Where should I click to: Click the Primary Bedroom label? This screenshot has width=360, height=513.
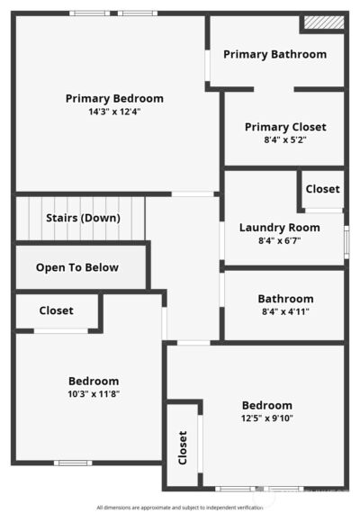[x=114, y=98]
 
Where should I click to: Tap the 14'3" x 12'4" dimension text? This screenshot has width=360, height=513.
[x=114, y=112]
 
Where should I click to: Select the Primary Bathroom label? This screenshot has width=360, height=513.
[x=274, y=54]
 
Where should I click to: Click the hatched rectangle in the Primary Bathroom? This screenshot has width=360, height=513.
[x=324, y=22]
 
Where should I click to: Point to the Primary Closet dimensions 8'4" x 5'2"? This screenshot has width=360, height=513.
[x=285, y=140]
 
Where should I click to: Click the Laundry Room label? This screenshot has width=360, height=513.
[x=280, y=228]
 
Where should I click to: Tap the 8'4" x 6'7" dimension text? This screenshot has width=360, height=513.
[x=280, y=241]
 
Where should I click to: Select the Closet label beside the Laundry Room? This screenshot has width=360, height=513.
[x=323, y=189]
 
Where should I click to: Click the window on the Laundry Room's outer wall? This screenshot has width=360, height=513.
[x=346, y=242]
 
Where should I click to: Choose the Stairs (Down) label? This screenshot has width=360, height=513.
[x=83, y=218]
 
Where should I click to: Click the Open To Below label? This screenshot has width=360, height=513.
[x=77, y=267]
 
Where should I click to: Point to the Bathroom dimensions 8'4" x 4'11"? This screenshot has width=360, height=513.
[x=285, y=311]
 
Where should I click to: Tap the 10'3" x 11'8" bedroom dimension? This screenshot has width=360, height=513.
[x=94, y=394]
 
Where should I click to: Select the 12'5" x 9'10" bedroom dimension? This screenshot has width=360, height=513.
[x=267, y=418]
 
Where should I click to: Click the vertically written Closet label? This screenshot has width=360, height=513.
[x=183, y=447]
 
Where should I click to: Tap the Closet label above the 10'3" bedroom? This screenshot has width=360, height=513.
[x=57, y=310]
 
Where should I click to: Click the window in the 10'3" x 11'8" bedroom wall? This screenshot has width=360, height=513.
[x=73, y=463]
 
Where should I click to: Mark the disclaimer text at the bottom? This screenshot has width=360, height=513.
[x=180, y=508]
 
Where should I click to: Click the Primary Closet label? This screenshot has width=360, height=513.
[x=285, y=127]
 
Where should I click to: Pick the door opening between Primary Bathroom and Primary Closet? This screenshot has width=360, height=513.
[x=274, y=89]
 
